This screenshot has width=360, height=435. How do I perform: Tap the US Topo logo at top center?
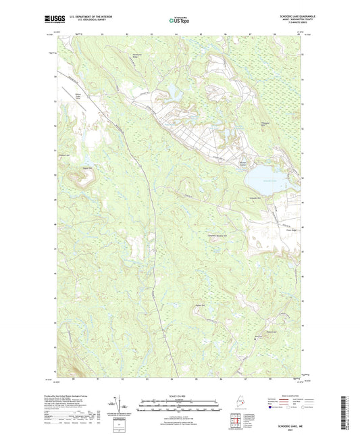[179, 20]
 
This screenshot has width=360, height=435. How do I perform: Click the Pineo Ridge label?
[284, 228]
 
